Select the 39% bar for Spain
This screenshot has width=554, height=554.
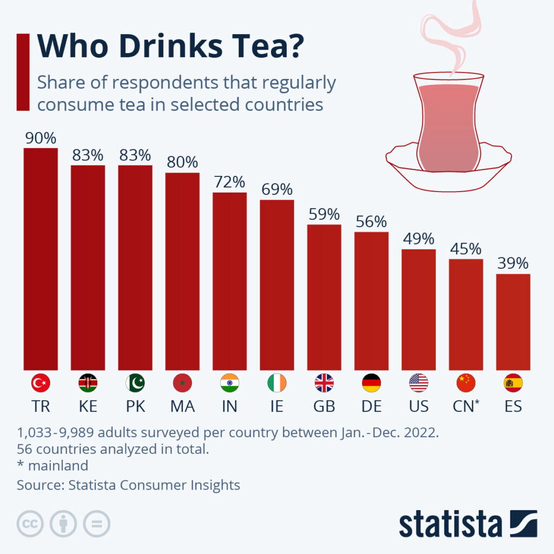[x=513, y=322]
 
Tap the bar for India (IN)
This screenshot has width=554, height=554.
[x=229, y=281]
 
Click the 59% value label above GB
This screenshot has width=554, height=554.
[x=324, y=214]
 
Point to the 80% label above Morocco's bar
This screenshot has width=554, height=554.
[x=182, y=162]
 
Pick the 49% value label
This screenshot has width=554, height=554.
[x=418, y=239]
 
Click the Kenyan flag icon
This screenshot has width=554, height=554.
[x=88, y=383]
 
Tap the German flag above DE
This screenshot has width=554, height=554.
[x=371, y=383]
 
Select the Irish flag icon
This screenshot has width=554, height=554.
[x=276, y=383]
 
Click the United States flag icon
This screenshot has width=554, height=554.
[x=418, y=383]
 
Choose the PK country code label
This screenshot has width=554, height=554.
[x=135, y=406]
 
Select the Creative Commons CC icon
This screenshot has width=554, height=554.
[x=30, y=524]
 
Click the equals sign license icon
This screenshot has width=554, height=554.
[x=96, y=524]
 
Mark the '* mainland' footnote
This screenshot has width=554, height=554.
[x=52, y=465]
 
